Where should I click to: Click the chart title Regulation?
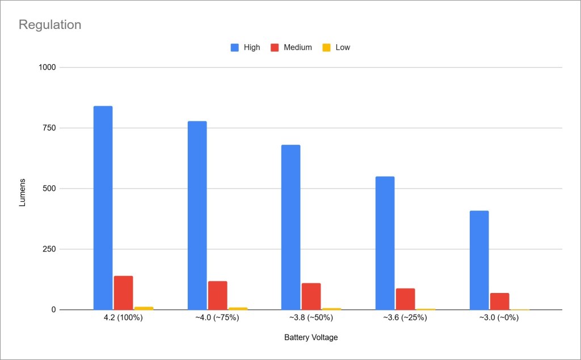click(50, 25)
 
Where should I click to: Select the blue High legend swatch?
click(234, 48)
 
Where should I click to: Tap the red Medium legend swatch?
click(274, 48)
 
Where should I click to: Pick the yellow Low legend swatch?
click(326, 48)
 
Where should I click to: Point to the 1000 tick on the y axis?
click(48, 68)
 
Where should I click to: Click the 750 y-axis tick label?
click(50, 128)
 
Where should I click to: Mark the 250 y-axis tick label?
click(50, 249)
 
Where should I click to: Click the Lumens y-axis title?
click(23, 192)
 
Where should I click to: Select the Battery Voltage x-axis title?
click(311, 337)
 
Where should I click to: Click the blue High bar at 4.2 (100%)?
click(103, 208)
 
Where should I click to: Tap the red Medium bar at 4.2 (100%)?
click(123, 292)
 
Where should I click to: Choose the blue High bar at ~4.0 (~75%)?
click(197, 215)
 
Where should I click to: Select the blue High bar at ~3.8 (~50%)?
click(290, 227)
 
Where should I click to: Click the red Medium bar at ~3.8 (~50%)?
click(311, 296)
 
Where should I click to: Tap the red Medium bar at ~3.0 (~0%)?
click(499, 301)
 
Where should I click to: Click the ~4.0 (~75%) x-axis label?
click(217, 318)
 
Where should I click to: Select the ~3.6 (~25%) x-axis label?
click(405, 318)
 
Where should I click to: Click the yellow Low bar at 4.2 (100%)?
click(144, 308)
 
